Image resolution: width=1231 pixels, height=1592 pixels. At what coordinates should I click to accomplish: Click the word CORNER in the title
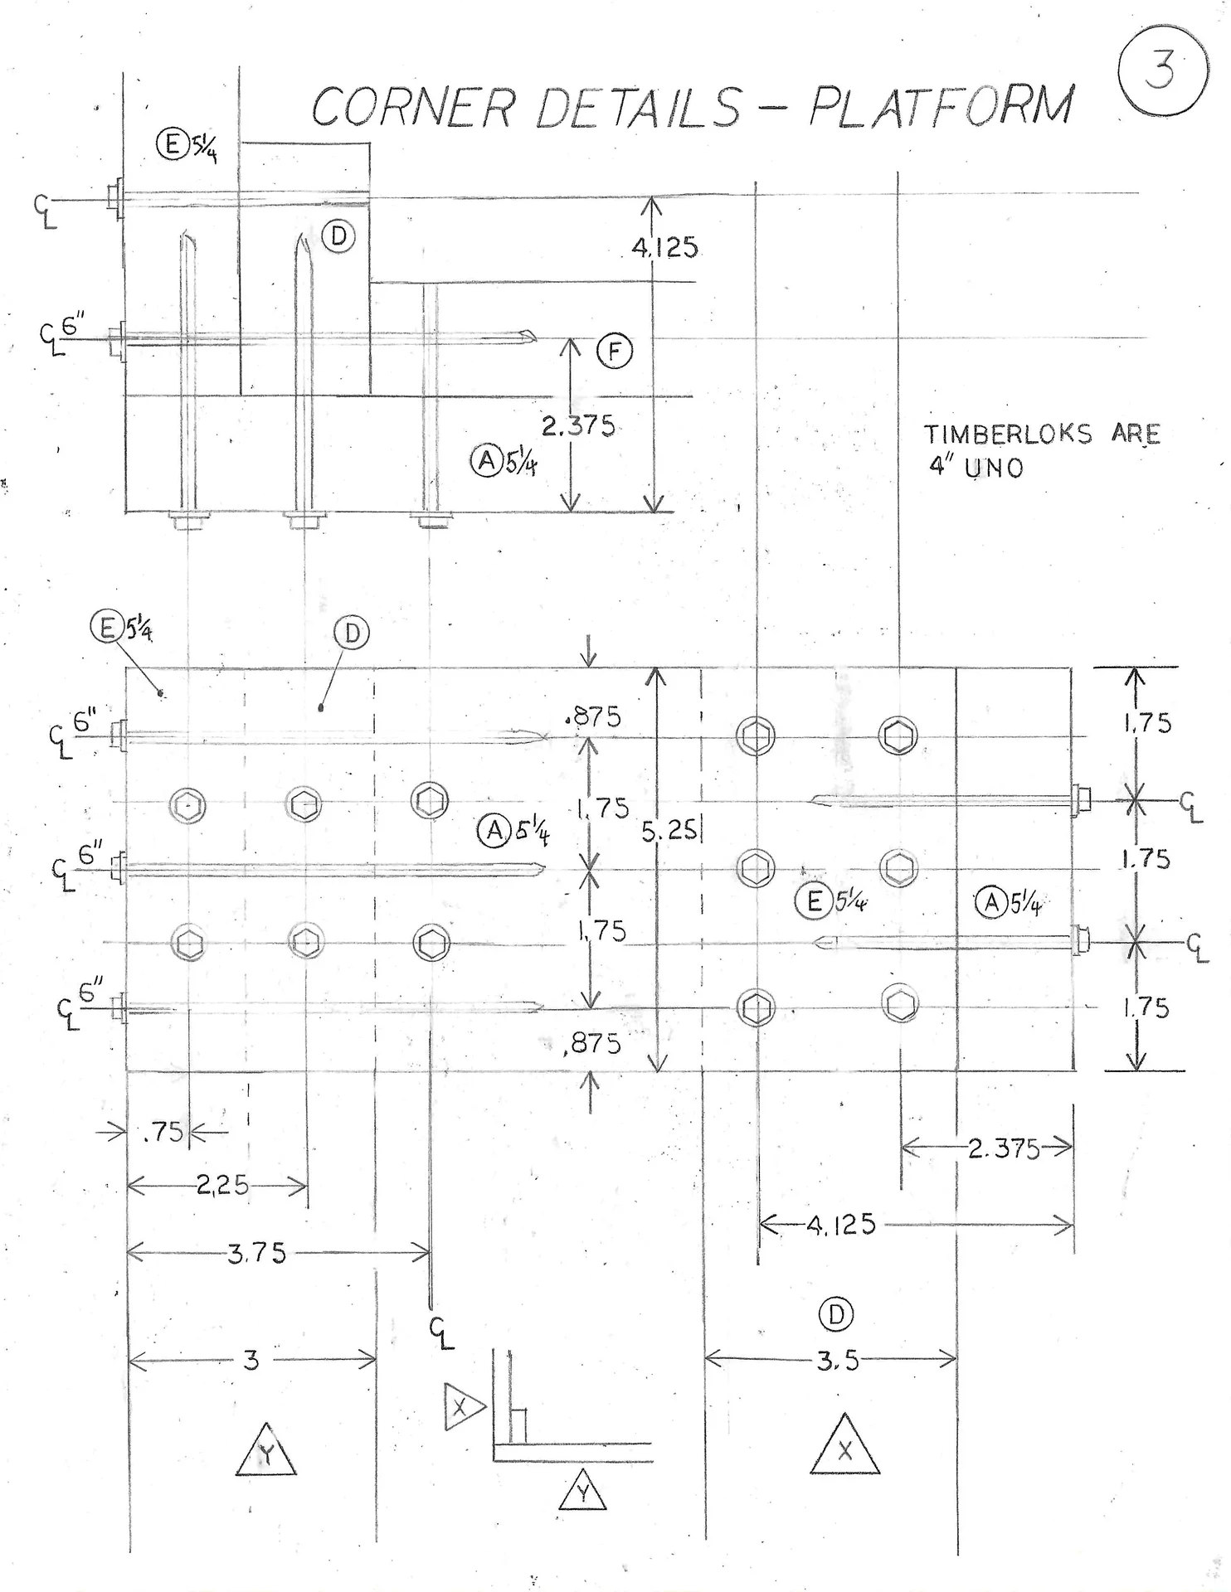pos(412,108)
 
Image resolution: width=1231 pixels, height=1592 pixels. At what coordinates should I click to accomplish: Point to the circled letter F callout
pos(615,352)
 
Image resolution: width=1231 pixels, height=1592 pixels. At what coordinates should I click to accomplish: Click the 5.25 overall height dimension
pos(669,830)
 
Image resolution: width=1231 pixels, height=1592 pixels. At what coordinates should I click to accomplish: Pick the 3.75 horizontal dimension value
pos(257,1253)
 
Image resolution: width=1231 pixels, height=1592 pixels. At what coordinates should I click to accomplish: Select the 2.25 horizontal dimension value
pos(222,1185)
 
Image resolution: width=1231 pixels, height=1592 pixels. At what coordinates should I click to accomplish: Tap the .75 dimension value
pos(163,1132)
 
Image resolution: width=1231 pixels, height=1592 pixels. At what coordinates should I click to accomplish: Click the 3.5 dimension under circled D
pos(837,1361)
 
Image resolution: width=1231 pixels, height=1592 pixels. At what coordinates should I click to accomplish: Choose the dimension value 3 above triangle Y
pos(251,1360)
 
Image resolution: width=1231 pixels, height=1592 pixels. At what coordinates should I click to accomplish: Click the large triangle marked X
pos(844,1446)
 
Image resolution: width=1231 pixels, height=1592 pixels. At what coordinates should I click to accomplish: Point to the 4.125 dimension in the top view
pos(665,247)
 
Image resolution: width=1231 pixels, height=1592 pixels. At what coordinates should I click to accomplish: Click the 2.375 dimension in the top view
pos(578,426)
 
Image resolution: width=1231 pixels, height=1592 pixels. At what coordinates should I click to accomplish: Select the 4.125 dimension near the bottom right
pos(841,1225)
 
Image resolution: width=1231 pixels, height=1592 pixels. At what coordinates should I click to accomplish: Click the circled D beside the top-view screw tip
pos(338,236)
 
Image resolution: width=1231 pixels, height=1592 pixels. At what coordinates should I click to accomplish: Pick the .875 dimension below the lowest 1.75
pos(591,1043)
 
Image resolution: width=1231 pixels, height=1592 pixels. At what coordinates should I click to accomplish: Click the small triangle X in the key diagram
pos(461,1406)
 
